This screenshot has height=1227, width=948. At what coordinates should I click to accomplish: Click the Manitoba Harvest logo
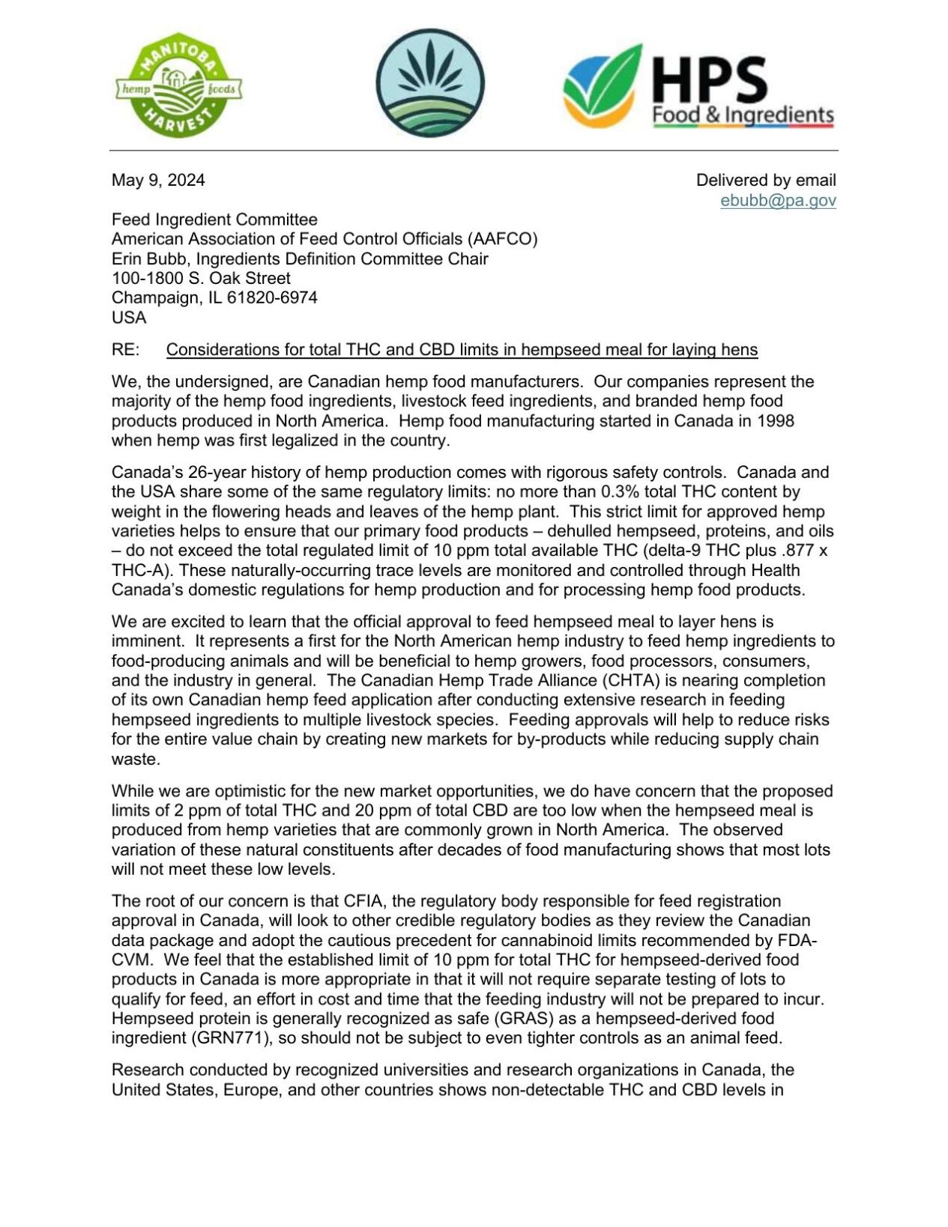[178, 88]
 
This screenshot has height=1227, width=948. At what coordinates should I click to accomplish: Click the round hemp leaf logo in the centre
[429, 83]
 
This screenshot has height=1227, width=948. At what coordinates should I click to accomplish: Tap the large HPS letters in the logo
[709, 79]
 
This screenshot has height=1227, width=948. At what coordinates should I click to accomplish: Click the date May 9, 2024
[158, 180]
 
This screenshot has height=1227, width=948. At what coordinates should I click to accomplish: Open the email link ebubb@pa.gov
[778, 200]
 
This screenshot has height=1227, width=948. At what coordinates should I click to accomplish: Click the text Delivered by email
[765, 180]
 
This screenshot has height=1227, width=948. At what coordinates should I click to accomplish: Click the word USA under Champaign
[128, 318]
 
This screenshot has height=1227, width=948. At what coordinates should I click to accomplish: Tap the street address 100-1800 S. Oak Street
[201, 278]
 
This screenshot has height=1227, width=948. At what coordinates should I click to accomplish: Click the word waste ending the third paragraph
[134, 759]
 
